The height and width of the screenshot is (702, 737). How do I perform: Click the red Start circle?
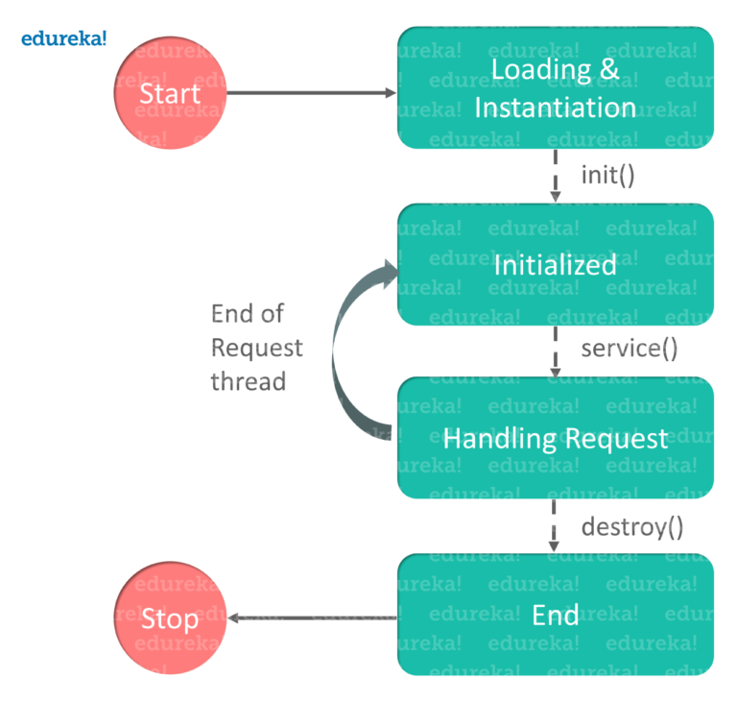(170, 93)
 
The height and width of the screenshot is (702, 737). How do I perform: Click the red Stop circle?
(170, 618)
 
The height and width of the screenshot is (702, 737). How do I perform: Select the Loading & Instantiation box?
(556, 87)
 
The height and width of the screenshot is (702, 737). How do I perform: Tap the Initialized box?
(556, 264)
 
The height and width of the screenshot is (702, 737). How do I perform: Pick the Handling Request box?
(556, 439)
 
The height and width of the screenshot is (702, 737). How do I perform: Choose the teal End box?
(556, 615)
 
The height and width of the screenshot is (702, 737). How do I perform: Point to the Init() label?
(607, 175)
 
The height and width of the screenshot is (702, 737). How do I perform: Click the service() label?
(630, 350)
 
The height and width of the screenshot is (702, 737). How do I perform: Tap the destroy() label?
(632, 526)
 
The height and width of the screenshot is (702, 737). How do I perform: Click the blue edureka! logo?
(63, 38)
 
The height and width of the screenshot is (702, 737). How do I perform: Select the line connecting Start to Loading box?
(311, 93)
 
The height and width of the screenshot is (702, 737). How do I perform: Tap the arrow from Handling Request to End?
(555, 526)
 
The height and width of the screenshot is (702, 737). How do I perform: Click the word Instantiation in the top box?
(556, 107)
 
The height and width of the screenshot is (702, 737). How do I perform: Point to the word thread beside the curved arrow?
(250, 381)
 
